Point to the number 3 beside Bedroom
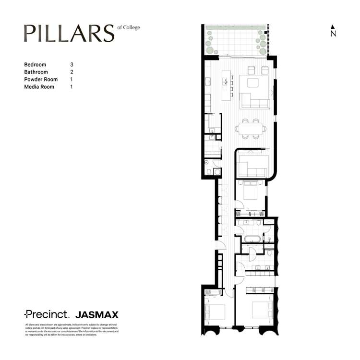72,64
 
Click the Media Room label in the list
39,87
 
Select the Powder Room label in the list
41,79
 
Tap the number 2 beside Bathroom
72,72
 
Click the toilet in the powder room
208,171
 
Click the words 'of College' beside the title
129,27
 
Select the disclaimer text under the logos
72,330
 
